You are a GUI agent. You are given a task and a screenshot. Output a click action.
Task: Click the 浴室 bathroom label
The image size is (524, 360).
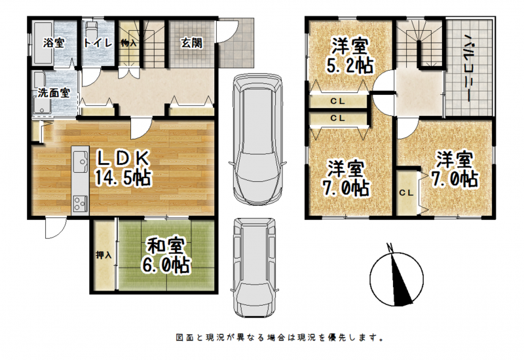[54, 43]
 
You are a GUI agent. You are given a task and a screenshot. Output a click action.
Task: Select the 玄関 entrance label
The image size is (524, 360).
[192, 43]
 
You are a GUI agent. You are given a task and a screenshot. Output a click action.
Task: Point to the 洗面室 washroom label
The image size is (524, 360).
[54, 92]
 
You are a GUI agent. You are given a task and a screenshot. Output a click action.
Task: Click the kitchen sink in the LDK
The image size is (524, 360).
[80, 162]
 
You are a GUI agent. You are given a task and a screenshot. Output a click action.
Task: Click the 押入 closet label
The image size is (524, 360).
[103, 255]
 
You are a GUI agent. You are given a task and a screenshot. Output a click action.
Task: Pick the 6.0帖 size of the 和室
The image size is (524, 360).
[166, 265]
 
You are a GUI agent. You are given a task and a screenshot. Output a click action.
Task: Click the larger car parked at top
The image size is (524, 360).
[257, 139]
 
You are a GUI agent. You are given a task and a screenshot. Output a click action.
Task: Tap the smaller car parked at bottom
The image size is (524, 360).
[254, 268]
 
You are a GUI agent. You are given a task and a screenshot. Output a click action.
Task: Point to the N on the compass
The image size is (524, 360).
[390, 247]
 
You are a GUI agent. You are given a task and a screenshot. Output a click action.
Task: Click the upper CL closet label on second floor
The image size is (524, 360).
[337, 101]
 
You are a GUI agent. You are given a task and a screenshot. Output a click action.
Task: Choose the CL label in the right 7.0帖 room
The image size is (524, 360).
[406, 192]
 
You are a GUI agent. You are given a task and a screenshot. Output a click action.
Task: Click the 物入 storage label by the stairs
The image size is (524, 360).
[128, 43]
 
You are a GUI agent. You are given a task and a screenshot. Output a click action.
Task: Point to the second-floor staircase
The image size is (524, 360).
[420, 43]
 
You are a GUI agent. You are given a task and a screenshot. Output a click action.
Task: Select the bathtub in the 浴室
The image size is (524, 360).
[43, 43]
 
